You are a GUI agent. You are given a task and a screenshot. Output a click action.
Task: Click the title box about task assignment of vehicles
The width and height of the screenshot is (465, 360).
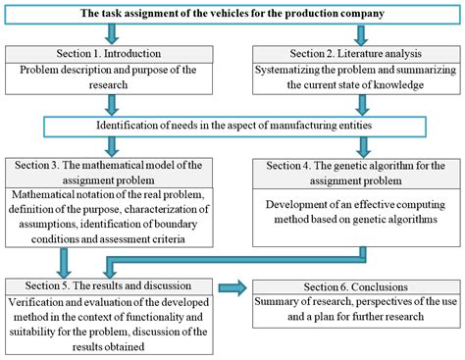coord(232,12)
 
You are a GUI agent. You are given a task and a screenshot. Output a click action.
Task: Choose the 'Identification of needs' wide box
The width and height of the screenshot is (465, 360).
coord(232,125)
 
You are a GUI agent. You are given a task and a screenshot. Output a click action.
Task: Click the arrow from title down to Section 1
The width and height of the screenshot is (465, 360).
coord(49,31)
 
